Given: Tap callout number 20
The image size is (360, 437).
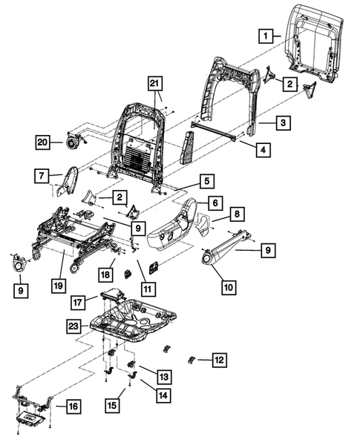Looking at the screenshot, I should point(43,141).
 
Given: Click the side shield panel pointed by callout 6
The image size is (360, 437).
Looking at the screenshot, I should point(175,226).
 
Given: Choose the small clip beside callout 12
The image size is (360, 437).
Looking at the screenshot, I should point(192,361).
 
